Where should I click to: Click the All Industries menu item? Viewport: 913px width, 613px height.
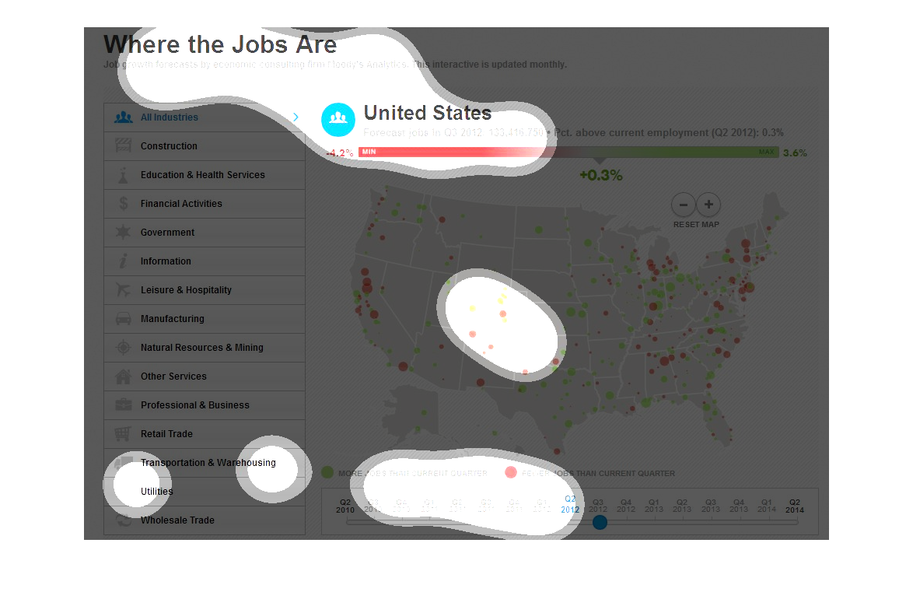[170, 117]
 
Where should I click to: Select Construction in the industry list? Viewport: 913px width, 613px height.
[169, 146]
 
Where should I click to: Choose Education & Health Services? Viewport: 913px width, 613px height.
[202, 175]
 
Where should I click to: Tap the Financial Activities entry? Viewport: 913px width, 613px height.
[181, 204]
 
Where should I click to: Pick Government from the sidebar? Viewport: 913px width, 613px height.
[167, 233]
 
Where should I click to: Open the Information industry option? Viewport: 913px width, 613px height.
[166, 261]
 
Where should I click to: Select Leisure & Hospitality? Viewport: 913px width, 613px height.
[186, 290]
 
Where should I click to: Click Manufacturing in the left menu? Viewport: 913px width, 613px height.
[172, 319]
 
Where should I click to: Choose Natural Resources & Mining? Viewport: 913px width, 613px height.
[201, 348]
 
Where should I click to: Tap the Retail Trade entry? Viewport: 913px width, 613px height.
[166, 434]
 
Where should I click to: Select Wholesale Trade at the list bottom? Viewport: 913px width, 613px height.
[177, 520]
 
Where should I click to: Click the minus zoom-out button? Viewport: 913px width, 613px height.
[684, 205]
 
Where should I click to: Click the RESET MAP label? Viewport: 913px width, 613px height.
[696, 225]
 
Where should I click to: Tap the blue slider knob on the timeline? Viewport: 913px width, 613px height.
[600, 522]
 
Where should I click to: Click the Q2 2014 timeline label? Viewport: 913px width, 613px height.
[794, 506]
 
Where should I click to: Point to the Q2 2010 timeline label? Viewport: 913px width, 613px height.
[345, 506]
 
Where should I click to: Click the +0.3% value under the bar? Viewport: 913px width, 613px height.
[600, 176]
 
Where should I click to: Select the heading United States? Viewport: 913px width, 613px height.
[428, 114]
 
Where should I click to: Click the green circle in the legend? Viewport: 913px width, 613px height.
[327, 473]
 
